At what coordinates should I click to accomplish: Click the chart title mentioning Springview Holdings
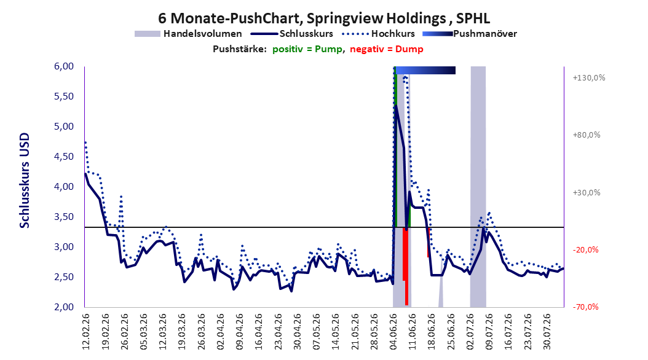pyautogui.click(x=324, y=18)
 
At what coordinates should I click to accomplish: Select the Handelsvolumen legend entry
pyautogui.click(x=188, y=34)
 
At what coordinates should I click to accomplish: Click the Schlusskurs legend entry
pyautogui.click(x=292, y=34)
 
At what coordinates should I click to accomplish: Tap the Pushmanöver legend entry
pyautogui.click(x=470, y=34)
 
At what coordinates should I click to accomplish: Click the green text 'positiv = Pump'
pyautogui.click(x=307, y=49)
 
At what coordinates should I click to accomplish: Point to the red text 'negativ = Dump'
pyautogui.click(x=387, y=49)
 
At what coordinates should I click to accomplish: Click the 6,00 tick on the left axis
pyautogui.click(x=64, y=66)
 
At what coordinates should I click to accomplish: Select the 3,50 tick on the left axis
pyautogui.click(x=64, y=217)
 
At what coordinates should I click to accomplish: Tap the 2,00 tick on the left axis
pyautogui.click(x=64, y=307)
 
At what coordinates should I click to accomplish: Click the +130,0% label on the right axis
pyautogui.click(x=589, y=77)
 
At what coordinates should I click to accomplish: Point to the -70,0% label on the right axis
pyautogui.click(x=585, y=307)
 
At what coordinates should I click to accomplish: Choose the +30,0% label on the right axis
pyautogui.click(x=587, y=192)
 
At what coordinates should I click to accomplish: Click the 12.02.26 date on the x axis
pyautogui.click(x=86, y=332)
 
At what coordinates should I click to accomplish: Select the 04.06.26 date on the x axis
pyautogui.click(x=394, y=332)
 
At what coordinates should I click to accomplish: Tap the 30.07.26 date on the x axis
pyautogui.click(x=547, y=332)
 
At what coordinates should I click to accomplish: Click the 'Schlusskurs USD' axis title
pyautogui.click(x=25, y=181)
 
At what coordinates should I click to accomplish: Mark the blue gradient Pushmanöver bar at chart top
pyautogui.click(x=425, y=70)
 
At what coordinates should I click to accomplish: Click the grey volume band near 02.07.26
pyautogui.click(x=478, y=187)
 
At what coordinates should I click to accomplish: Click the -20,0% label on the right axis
pyautogui.click(x=585, y=250)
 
